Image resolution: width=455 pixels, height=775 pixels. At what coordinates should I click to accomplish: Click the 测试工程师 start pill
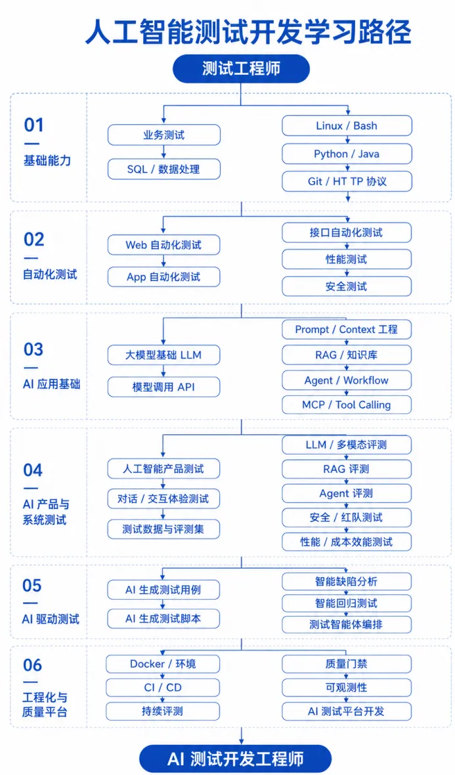(x=241, y=68)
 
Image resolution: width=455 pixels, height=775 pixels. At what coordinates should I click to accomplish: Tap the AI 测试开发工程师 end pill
(x=235, y=759)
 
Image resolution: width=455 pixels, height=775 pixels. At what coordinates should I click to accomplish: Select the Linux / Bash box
(x=347, y=125)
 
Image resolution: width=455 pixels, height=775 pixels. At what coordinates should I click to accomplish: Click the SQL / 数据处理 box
(x=164, y=169)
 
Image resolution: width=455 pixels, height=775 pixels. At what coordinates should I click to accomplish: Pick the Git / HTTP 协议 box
(x=347, y=181)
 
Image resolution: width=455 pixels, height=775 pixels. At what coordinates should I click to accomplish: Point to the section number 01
(x=34, y=125)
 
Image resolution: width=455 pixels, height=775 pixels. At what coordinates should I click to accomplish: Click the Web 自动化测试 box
(x=164, y=245)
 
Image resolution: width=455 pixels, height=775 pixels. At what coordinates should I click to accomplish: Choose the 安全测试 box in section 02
(x=347, y=286)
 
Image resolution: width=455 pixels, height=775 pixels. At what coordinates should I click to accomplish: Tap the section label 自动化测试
(x=51, y=275)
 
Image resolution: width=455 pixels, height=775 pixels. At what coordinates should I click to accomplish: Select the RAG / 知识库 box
(x=347, y=355)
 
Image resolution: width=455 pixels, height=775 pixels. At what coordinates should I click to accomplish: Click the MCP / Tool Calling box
(x=347, y=405)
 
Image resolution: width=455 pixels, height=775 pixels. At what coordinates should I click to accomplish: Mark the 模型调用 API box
(x=164, y=387)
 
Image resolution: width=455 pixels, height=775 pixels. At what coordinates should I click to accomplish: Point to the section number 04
(x=33, y=470)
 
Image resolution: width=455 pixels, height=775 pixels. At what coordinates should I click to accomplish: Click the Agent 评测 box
(x=347, y=493)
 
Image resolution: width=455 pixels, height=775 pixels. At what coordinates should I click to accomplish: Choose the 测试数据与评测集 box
(x=164, y=529)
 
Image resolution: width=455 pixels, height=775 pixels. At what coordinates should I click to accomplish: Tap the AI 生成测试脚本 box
(x=164, y=618)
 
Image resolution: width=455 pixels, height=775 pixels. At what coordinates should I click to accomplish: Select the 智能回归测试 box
(x=347, y=603)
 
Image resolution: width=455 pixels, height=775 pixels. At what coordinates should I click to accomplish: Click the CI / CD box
(x=163, y=688)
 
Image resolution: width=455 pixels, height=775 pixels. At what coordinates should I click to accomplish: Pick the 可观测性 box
(x=347, y=688)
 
